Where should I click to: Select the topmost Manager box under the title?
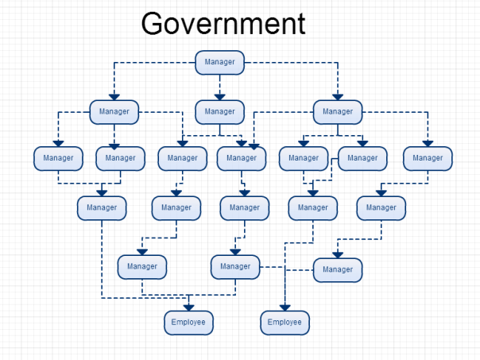pyautogui.click(x=219, y=62)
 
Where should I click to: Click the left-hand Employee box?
pyautogui.click(x=188, y=322)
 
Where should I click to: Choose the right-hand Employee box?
pyautogui.click(x=285, y=322)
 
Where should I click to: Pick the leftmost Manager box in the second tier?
pyautogui.click(x=114, y=111)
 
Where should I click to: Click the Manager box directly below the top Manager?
pyautogui.click(x=219, y=111)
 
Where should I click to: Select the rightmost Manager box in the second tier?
pyautogui.click(x=338, y=111)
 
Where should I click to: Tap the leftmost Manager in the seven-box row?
pyautogui.click(x=58, y=158)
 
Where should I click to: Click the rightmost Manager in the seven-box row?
pyautogui.click(x=428, y=158)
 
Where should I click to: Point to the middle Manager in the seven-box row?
pyautogui.click(x=242, y=158)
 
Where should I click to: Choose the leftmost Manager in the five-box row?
pyautogui.click(x=102, y=207)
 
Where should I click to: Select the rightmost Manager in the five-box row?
pyautogui.click(x=381, y=207)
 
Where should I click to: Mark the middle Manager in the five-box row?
pyautogui.click(x=245, y=207)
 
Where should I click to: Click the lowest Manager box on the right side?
pyautogui.click(x=338, y=269)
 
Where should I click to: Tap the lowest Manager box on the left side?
pyautogui.click(x=142, y=266)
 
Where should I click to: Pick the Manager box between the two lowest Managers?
pyautogui.click(x=235, y=266)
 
